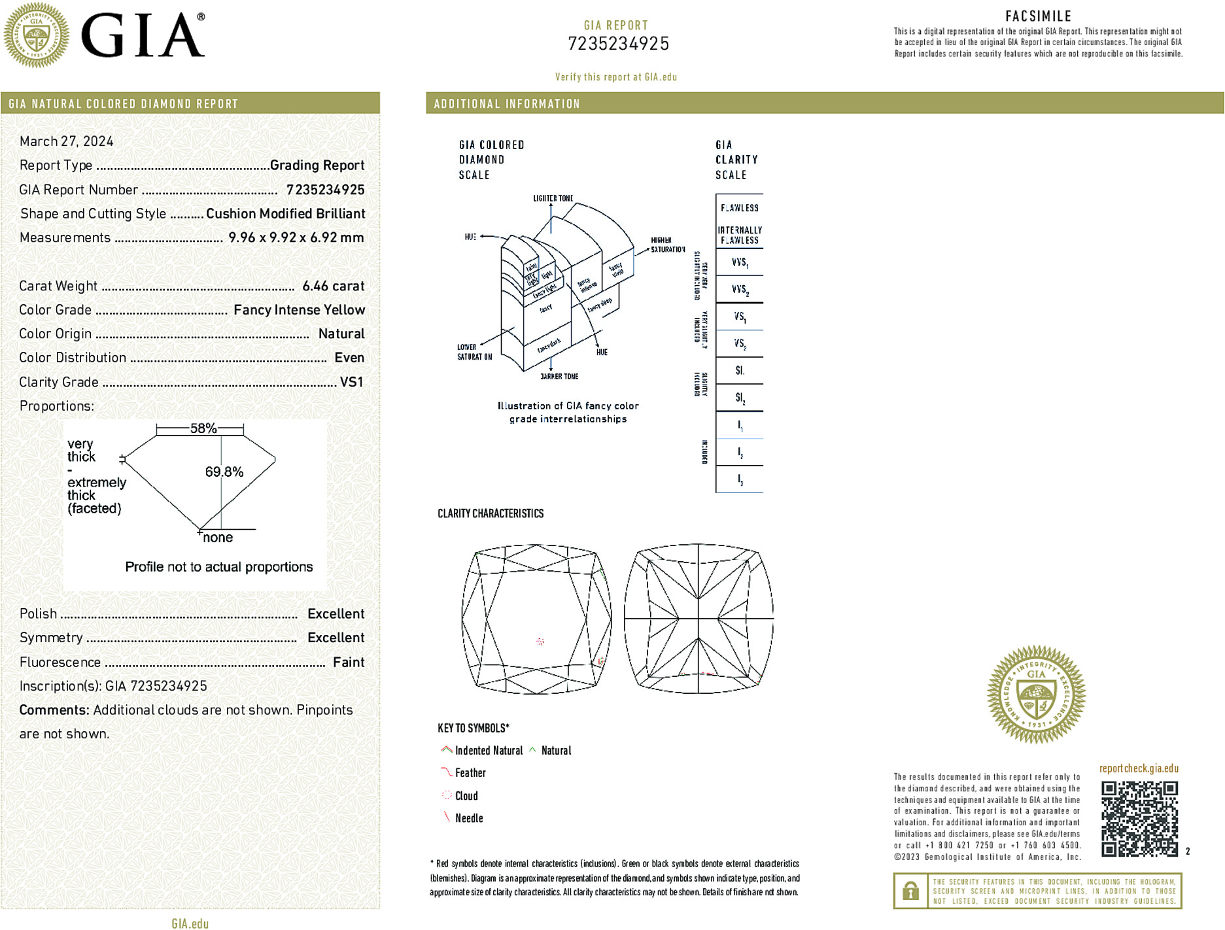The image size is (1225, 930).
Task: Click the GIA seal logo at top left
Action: (x=36, y=35)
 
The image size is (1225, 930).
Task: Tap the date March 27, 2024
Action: (x=66, y=141)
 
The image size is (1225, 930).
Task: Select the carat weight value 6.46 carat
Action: (x=333, y=286)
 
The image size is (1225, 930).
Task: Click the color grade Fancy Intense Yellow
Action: (x=299, y=310)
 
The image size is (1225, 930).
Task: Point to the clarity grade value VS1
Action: (x=351, y=382)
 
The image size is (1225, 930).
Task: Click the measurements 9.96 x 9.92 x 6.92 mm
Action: (x=296, y=237)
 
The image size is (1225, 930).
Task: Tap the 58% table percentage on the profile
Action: (x=203, y=428)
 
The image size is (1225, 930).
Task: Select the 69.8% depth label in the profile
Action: (x=224, y=472)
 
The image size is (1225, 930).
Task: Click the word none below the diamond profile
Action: (x=218, y=538)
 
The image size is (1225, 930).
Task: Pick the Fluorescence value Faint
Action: (x=348, y=662)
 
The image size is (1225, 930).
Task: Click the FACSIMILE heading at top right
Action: (x=1038, y=16)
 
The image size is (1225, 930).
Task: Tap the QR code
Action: (x=1139, y=819)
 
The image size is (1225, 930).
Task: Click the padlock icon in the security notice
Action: (x=910, y=891)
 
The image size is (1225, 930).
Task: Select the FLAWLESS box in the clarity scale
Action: (x=739, y=208)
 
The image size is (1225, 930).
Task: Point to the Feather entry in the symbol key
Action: (x=470, y=773)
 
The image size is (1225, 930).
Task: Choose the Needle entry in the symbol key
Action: (x=468, y=818)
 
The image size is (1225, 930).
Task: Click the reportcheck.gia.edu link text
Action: (x=1139, y=768)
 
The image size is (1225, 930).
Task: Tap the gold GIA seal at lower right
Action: (x=1036, y=695)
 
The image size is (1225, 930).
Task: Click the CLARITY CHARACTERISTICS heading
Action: (x=491, y=513)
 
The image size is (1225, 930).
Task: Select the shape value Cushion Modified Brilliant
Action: (x=285, y=214)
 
